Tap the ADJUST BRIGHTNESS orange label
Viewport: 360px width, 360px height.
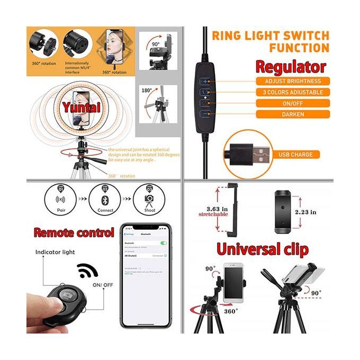(x=293, y=81)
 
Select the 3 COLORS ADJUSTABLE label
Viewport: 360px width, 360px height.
(x=293, y=92)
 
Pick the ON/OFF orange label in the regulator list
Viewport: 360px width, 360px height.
(x=293, y=103)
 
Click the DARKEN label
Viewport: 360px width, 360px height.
(x=293, y=114)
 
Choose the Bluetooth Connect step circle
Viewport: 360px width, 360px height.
(x=104, y=199)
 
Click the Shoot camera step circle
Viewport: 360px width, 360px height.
(x=149, y=199)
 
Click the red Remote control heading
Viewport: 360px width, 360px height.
(x=74, y=232)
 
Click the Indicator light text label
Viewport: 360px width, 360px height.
(x=55, y=252)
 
